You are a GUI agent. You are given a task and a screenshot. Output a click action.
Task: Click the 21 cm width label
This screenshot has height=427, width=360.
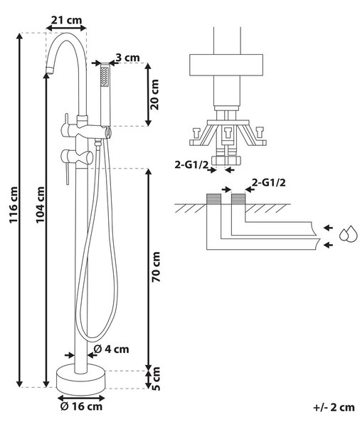(66, 20)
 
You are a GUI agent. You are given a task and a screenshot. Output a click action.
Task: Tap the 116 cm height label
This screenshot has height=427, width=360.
(14, 205)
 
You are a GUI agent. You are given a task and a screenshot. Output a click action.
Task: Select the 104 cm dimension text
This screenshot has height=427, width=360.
(41, 204)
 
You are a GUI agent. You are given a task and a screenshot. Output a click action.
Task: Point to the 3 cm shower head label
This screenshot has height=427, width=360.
(127, 58)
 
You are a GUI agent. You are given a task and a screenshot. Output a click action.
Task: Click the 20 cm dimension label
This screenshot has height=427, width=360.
(154, 95)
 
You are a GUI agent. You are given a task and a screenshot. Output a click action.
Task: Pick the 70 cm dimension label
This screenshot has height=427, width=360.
(156, 267)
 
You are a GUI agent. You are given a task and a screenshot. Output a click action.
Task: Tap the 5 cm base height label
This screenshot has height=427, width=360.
(156, 379)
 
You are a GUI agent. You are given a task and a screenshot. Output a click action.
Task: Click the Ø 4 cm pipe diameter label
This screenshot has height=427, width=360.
(111, 349)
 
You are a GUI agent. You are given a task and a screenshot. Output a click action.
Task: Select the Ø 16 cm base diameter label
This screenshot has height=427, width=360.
(81, 406)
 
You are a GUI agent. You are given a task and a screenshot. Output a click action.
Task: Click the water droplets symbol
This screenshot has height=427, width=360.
(348, 233)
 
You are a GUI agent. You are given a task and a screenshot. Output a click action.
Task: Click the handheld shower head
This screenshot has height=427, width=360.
(105, 95)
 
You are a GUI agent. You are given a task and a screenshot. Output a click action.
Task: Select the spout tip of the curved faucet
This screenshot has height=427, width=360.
(50, 70)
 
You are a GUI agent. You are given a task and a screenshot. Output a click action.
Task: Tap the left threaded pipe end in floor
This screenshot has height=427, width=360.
(213, 199)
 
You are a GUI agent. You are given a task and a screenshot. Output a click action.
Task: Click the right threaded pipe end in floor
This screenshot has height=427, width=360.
(238, 199)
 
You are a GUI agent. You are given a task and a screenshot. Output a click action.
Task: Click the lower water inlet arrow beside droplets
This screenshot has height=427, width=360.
(329, 245)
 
